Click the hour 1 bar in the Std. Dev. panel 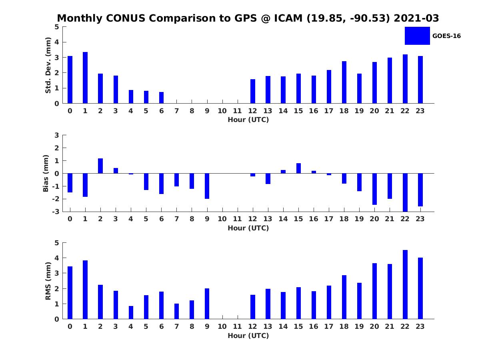[x=85, y=78]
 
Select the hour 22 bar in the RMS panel [x=405, y=284]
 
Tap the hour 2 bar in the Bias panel [x=100, y=166]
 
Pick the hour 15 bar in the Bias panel [x=298, y=168]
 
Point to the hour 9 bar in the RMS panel [x=207, y=304]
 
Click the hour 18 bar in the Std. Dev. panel [x=344, y=82]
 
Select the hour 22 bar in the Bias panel [x=405, y=192]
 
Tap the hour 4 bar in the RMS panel [x=131, y=312]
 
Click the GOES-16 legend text [x=446, y=36]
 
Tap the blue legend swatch [x=417, y=36]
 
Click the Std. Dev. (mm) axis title [x=48, y=65]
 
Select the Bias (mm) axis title [x=46, y=173]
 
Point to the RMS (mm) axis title [x=48, y=281]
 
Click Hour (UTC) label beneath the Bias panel [x=248, y=228]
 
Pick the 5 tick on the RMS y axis [x=57, y=243]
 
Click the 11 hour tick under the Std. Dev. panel [x=238, y=111]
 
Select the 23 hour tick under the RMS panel [x=420, y=326]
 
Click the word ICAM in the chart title [x=286, y=18]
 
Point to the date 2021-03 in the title [x=416, y=18]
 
